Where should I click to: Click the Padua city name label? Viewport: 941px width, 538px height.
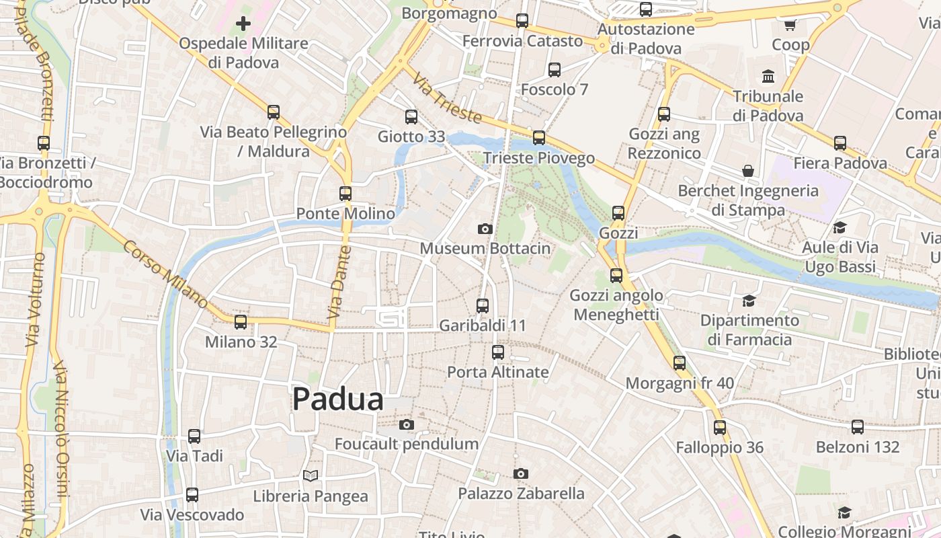pyautogui.click(x=338, y=399)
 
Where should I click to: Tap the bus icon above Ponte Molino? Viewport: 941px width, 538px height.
pyautogui.click(x=345, y=194)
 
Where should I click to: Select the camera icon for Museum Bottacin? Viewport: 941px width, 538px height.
pyautogui.click(x=485, y=229)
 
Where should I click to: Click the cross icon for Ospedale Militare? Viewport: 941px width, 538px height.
pyautogui.click(x=243, y=24)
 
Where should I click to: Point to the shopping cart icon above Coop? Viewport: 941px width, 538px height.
pyautogui.click(x=790, y=25)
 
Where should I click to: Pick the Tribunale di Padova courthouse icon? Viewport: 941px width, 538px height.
pyautogui.click(x=768, y=76)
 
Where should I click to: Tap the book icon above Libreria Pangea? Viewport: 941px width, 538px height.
pyautogui.click(x=310, y=476)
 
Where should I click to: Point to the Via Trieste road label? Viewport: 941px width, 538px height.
pyautogui.click(x=447, y=99)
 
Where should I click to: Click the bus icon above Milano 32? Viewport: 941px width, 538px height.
pyautogui.click(x=241, y=322)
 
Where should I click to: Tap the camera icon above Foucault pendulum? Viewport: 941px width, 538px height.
pyautogui.click(x=406, y=424)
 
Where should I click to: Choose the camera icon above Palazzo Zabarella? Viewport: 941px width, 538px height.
pyautogui.click(x=521, y=474)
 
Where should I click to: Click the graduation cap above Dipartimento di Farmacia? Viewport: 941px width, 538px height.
pyautogui.click(x=749, y=301)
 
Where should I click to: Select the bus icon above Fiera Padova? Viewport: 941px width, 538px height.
pyautogui.click(x=840, y=143)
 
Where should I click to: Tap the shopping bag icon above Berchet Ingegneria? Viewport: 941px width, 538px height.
pyautogui.click(x=748, y=171)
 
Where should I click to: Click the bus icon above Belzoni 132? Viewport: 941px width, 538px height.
pyautogui.click(x=858, y=427)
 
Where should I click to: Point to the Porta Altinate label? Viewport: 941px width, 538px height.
pyautogui.click(x=498, y=372)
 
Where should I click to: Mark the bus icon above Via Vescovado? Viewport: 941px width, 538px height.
pyautogui.click(x=192, y=495)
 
